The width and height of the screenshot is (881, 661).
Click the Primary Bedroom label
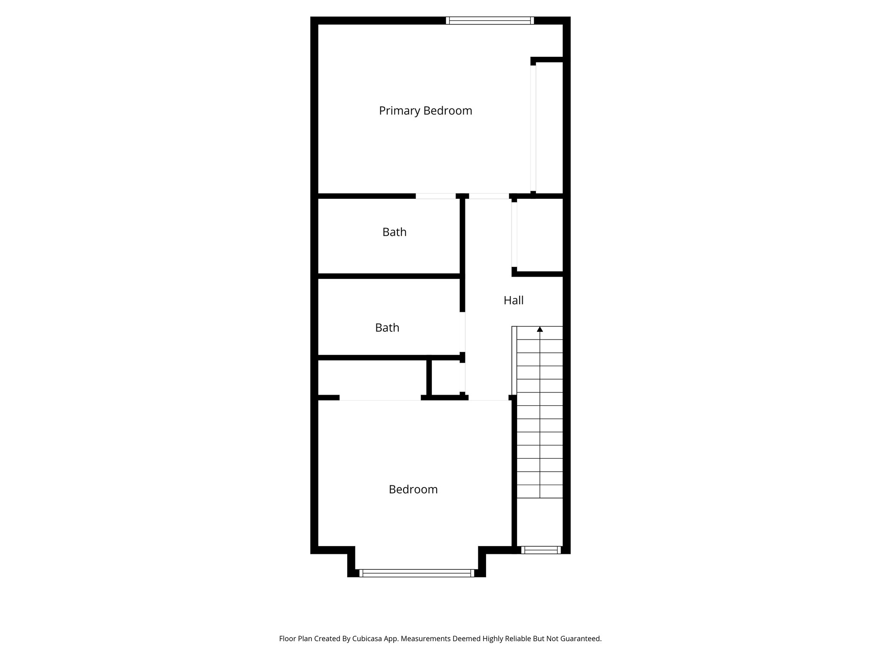click(425, 111)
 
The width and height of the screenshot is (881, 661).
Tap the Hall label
click(513, 300)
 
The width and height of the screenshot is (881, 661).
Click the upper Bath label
click(394, 232)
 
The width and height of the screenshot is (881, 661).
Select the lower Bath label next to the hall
click(387, 328)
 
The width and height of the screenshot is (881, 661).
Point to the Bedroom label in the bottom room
click(413, 490)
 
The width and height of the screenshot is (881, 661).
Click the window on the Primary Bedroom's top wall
click(490, 20)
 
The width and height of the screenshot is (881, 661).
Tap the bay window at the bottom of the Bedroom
click(416, 573)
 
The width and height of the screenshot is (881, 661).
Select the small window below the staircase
click(541, 550)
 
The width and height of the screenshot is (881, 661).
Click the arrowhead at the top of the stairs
click(540, 329)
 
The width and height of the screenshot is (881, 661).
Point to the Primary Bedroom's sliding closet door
click(533, 128)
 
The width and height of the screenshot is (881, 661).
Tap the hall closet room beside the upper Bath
click(540, 235)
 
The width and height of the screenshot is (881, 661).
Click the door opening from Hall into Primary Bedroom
click(489, 196)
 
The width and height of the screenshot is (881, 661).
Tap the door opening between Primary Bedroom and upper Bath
click(435, 196)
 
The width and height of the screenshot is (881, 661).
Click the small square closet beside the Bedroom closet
click(447, 377)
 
